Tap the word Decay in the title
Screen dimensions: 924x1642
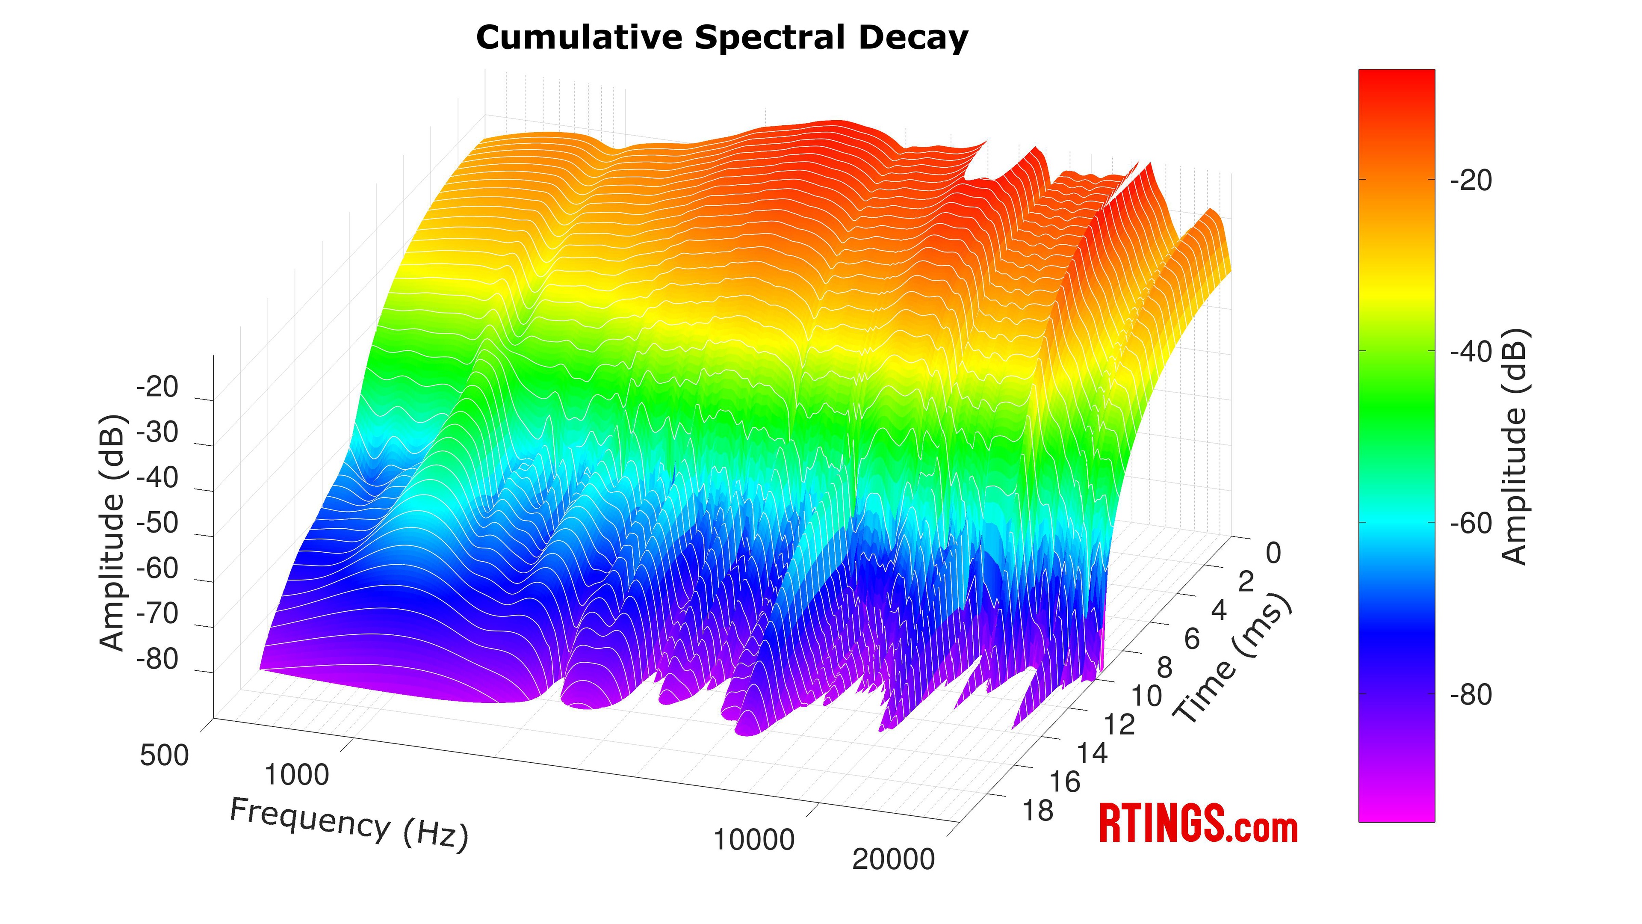[x=913, y=38]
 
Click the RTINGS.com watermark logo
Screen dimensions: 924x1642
[x=1198, y=824]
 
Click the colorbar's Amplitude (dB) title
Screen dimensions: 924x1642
[x=1513, y=446]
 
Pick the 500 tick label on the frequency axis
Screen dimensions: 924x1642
[x=165, y=755]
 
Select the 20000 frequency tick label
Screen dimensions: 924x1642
[x=893, y=859]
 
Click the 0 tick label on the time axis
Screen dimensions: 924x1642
[x=1273, y=554]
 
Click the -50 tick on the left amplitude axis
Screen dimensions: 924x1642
[x=157, y=523]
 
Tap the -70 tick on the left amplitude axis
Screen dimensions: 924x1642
[x=157, y=613]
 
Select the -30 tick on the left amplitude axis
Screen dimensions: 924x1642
[x=157, y=432]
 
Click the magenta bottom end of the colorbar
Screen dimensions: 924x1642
[x=1397, y=813]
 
